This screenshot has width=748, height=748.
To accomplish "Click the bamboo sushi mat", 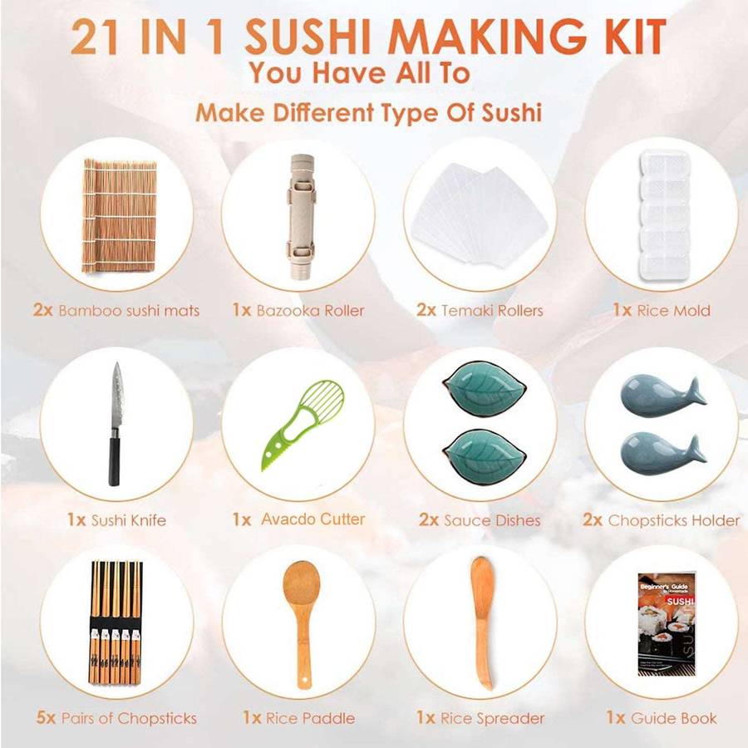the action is coord(119,215).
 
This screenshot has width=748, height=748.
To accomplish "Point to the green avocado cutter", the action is coord(302,424).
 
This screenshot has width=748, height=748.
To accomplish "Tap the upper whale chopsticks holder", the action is coord(662,394).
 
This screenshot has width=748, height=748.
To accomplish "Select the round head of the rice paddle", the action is coord(302,585).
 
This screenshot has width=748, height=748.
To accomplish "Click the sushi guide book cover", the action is coord(666,624).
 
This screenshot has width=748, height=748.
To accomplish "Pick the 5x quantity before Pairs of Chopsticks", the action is coord(47,717).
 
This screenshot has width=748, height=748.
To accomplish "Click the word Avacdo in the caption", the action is coord(285,519).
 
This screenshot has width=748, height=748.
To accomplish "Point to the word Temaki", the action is coord(465,311).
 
